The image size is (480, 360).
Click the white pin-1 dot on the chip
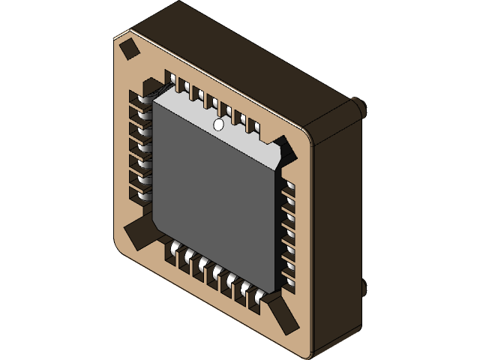point(219,125)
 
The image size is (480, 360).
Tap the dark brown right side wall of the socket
point(337,225)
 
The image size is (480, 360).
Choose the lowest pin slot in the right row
point(288,280)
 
